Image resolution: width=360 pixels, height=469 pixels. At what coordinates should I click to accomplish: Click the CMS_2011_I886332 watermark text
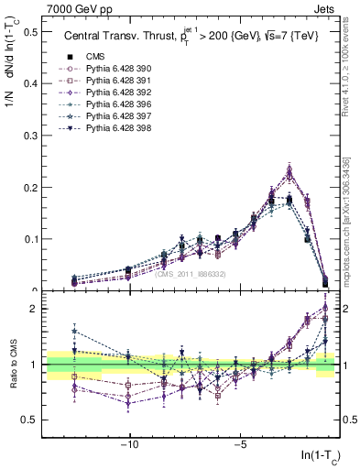(x=190, y=273)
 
